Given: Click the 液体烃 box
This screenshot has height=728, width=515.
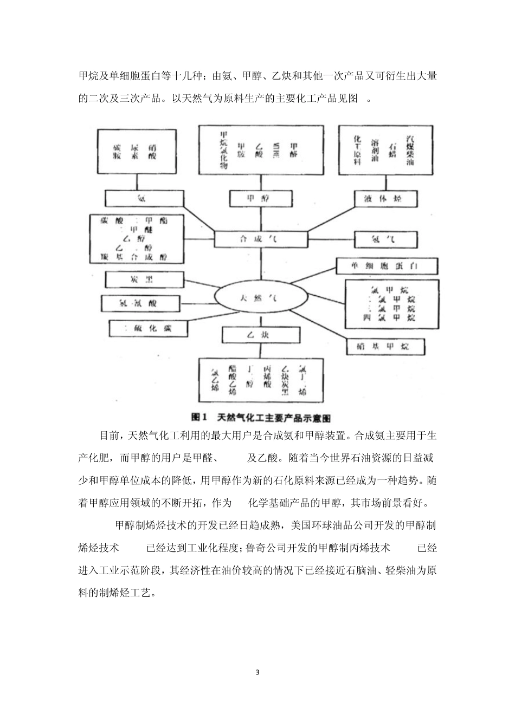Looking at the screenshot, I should click(379, 199).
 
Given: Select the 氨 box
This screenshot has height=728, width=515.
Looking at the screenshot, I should click(141, 199).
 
